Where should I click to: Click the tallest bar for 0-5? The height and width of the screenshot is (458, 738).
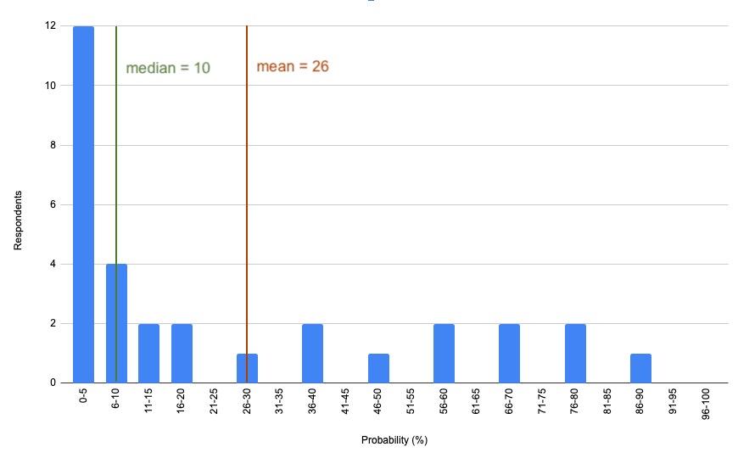coord(83,204)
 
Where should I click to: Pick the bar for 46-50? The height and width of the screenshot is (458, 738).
coord(378,368)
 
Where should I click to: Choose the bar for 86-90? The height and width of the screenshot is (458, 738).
coord(640,368)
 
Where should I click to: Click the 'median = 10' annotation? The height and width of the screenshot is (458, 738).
coord(168,68)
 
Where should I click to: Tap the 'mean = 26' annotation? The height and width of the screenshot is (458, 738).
coord(293,66)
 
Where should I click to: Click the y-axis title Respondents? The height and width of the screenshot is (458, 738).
coord(17,220)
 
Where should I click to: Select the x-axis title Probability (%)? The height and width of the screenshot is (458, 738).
coord(394,440)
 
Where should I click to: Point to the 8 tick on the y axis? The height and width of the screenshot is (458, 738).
coord(52,145)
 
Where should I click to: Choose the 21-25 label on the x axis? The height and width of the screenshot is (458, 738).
coord(214,404)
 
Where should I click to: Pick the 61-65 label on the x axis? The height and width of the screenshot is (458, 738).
coord(477,404)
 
